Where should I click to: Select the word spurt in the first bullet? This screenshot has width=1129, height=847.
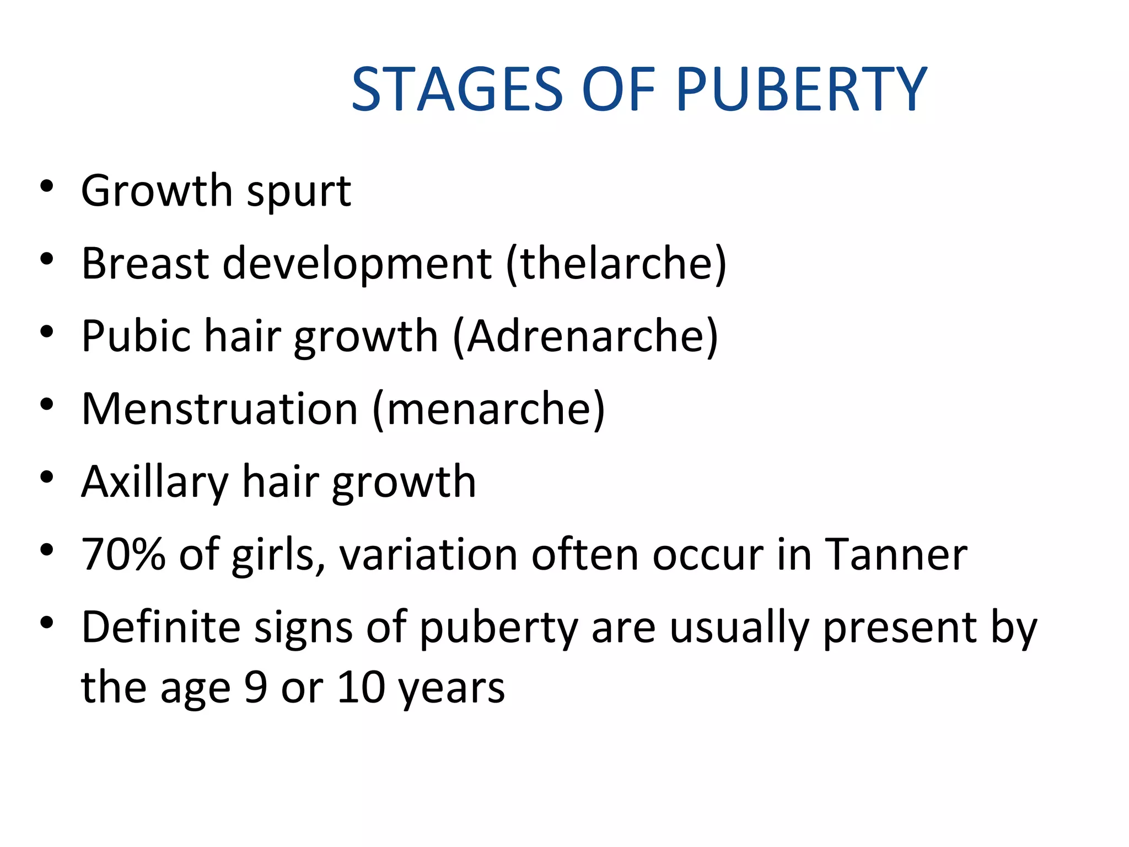coord(299,192)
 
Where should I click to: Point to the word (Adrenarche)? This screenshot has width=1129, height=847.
coord(585,336)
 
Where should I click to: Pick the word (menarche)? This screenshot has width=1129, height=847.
coord(489,409)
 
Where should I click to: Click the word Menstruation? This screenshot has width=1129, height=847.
coord(220,409)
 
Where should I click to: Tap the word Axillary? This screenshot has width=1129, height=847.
coord(155,482)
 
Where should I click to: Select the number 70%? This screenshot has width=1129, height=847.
coord(123,555)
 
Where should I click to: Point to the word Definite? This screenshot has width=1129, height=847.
coord(161,628)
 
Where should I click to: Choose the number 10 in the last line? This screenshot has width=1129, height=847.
coord(361,688)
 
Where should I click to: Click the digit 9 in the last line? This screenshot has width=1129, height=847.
coord(256,688)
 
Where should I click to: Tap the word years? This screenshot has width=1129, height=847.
coord(451,689)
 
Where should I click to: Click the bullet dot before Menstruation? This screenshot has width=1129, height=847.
coord(47,404)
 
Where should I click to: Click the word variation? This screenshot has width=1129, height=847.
coord(428,555)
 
